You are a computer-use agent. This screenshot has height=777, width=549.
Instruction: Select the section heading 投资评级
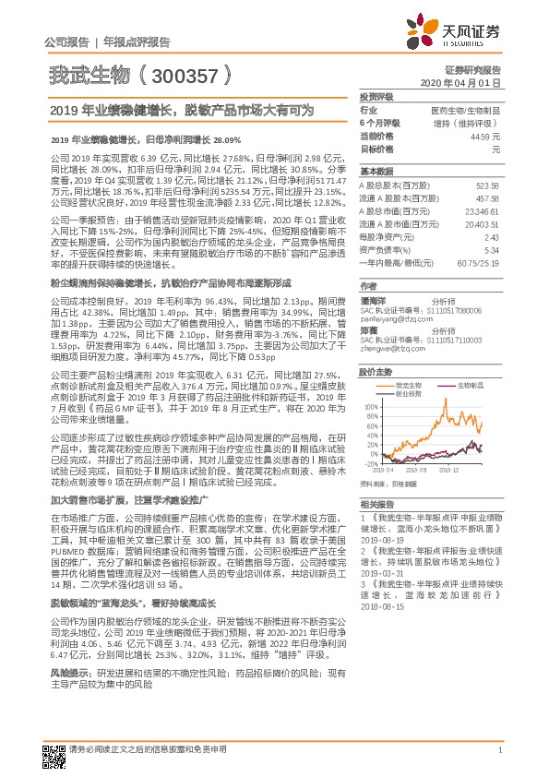tap(376, 96)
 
